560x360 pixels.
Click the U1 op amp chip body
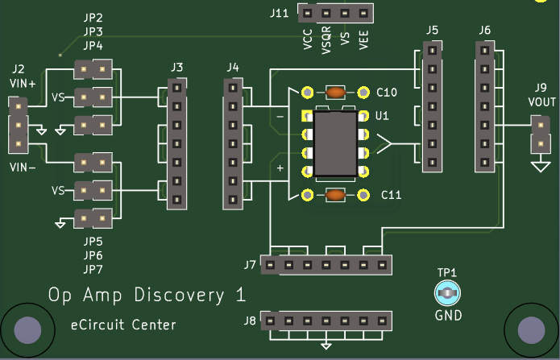click(x=334, y=144)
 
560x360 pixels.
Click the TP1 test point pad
click(x=448, y=294)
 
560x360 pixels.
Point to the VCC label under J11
click(x=308, y=39)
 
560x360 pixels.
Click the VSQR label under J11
click(x=326, y=40)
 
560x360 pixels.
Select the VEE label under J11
click(x=364, y=39)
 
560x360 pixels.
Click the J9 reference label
click(x=539, y=88)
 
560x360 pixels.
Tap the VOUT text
click(x=541, y=101)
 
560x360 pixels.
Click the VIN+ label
click(x=23, y=83)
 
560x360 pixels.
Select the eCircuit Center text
click(x=122, y=325)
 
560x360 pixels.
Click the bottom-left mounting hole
click(x=27, y=329)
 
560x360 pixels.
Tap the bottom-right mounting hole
click(x=530, y=329)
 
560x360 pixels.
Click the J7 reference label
click(x=250, y=264)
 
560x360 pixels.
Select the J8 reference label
click(x=250, y=321)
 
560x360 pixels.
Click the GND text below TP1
click(x=448, y=315)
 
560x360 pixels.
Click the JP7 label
click(x=93, y=268)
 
